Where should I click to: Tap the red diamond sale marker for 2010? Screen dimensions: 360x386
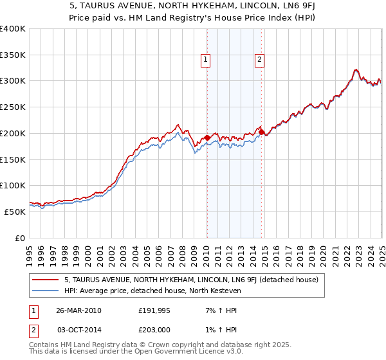point(207,137)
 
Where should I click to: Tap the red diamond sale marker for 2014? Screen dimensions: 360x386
point(262,132)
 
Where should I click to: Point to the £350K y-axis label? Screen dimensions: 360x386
point(13,55)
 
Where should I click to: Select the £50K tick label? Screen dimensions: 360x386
point(15,211)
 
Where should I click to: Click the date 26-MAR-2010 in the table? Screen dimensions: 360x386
point(78,310)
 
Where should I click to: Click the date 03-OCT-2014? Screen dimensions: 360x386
point(78,329)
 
